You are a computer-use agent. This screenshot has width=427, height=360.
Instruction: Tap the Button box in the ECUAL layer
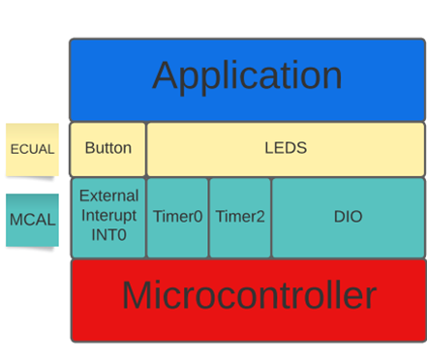tap(108, 149)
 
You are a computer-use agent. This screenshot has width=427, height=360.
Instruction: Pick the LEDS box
tap(286, 149)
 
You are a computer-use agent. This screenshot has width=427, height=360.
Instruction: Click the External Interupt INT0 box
tap(108, 217)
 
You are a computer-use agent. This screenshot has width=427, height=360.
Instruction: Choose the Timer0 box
tap(177, 217)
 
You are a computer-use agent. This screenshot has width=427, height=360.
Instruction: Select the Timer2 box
tap(240, 217)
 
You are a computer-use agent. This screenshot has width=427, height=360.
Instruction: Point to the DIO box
tap(348, 217)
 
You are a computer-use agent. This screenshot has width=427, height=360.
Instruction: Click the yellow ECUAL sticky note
tap(32, 149)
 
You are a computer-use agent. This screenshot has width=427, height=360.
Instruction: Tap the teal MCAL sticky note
tap(32, 220)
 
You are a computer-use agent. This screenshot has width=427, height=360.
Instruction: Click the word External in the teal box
tap(108, 196)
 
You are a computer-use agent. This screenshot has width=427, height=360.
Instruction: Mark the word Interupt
tap(108, 215)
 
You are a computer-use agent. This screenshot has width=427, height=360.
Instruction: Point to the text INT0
tap(108, 234)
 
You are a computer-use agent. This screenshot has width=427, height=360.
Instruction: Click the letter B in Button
tap(90, 149)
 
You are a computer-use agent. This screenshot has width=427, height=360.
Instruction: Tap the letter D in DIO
tap(339, 217)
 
